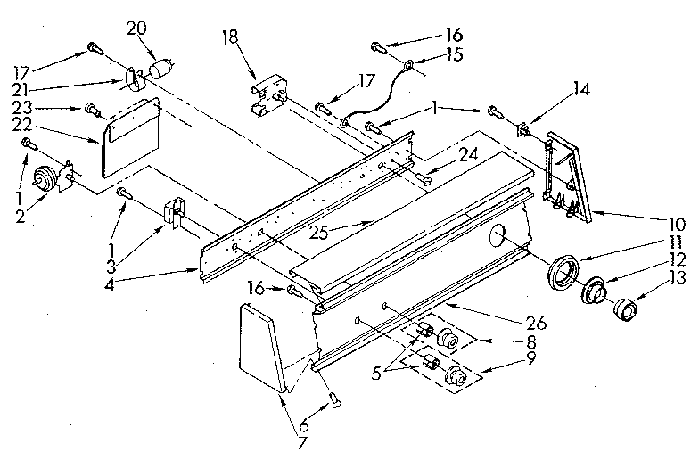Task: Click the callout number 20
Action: pos(136,28)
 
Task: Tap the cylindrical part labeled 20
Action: pos(160,70)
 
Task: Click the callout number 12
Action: pos(679,259)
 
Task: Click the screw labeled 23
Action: pos(91,110)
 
